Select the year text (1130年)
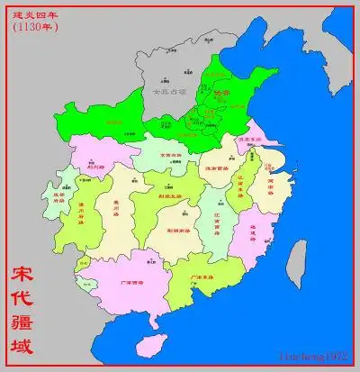33,27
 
